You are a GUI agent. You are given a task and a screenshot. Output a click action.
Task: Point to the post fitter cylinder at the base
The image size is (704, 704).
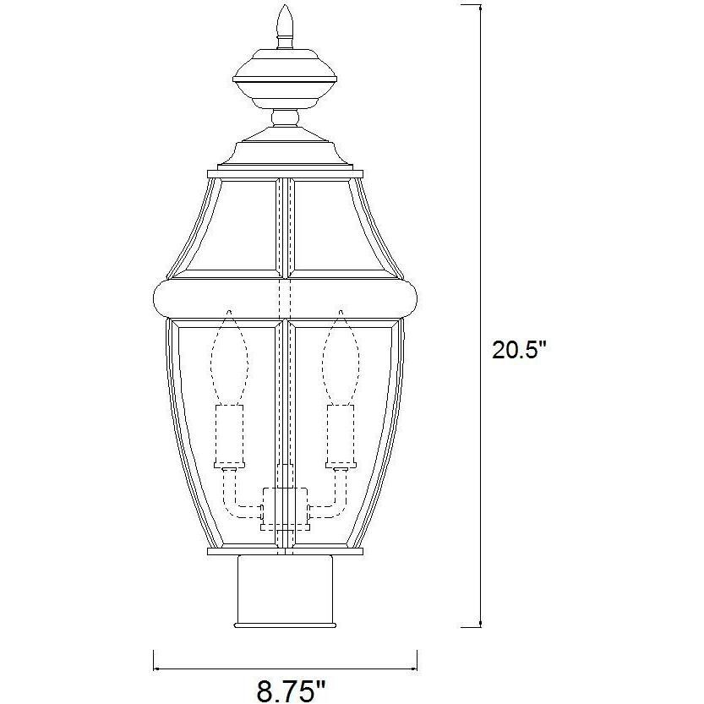pos(284,590)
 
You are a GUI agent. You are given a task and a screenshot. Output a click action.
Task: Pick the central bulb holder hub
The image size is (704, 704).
pos(285,507)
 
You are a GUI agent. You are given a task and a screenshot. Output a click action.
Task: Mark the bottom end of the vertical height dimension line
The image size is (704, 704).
pos(481,626)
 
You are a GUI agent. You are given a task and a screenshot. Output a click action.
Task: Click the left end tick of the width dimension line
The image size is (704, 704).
pos(153,659)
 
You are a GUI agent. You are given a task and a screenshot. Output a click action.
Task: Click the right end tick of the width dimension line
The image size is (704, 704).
pos(417,659)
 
